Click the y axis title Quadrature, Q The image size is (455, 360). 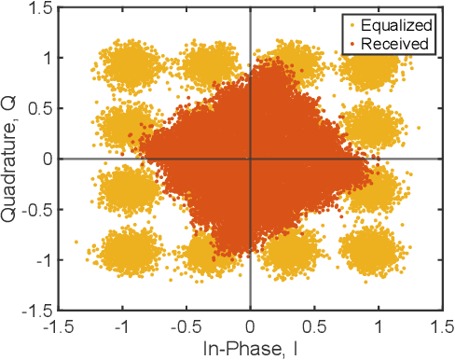pos(11,159)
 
